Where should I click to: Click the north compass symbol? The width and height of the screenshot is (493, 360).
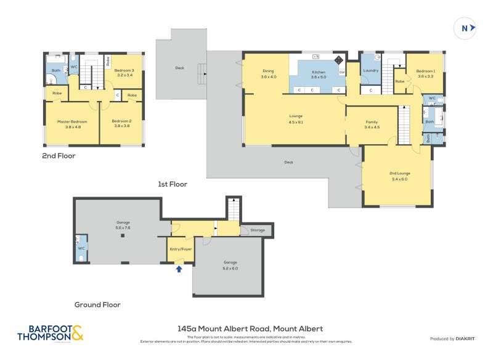coord(465,28)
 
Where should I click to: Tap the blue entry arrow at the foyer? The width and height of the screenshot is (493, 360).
coord(179,269)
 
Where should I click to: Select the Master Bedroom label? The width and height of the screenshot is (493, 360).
coord(69,124)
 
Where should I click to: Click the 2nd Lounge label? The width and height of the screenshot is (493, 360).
coord(399,176)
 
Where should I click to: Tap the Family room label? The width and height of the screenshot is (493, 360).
coord(372,125)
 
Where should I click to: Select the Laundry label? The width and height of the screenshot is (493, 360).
coord(370,71)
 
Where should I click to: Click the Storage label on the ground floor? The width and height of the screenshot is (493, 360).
coord(258,231)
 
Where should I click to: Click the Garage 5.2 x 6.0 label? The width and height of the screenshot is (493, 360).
coord(230,264)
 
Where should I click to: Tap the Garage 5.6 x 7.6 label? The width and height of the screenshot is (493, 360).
coord(123,225)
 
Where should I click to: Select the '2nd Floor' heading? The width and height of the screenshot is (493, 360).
coord(59,156)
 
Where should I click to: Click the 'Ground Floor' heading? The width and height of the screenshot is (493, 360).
coord(97,305)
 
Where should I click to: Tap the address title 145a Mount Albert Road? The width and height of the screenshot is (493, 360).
coord(250,329)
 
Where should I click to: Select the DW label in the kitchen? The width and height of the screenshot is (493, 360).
coord(341,73)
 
